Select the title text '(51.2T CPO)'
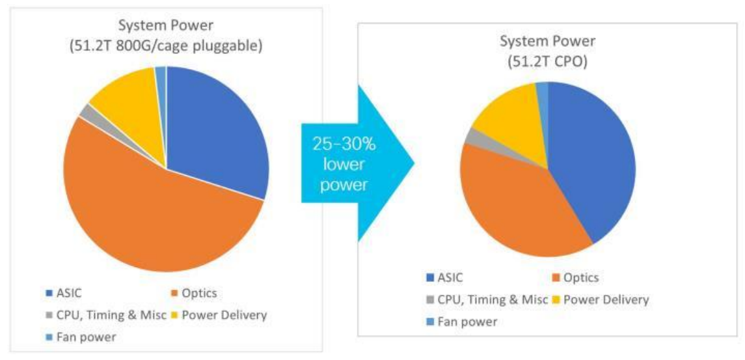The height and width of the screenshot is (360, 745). tap(549, 61)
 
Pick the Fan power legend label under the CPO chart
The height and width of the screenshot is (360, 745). tap(466, 321)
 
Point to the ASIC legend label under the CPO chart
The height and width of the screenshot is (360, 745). tap(449, 278)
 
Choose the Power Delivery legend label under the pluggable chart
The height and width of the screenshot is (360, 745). tap(224, 315)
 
